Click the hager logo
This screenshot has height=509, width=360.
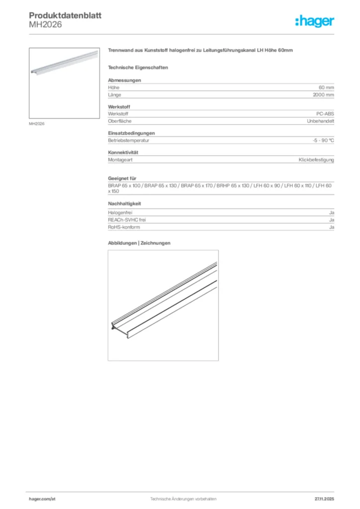pos(314,21)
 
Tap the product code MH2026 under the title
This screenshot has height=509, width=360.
pos(45,25)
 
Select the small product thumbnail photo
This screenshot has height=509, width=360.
pos(64,83)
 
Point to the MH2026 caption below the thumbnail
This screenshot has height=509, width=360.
pos(37,124)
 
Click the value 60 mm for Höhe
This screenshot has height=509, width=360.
pos(327,87)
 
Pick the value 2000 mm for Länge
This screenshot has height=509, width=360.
pos(323,94)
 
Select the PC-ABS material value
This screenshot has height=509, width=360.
pos(325,114)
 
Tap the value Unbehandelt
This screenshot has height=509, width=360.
pos(321,121)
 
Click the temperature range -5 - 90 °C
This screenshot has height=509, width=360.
pos(320,140)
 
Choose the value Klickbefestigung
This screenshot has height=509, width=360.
pos(316,160)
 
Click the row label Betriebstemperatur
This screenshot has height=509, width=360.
pos(129,140)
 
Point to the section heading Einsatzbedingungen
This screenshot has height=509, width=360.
pos(131,133)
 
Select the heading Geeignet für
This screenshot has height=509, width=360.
pos(122,178)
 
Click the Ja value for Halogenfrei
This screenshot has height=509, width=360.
pos(331,213)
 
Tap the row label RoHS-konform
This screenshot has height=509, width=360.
pos(124,227)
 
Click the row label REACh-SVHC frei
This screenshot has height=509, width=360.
pos(127,220)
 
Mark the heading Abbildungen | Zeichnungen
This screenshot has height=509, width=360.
pos(139,243)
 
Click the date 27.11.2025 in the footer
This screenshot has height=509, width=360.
pos(324,499)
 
